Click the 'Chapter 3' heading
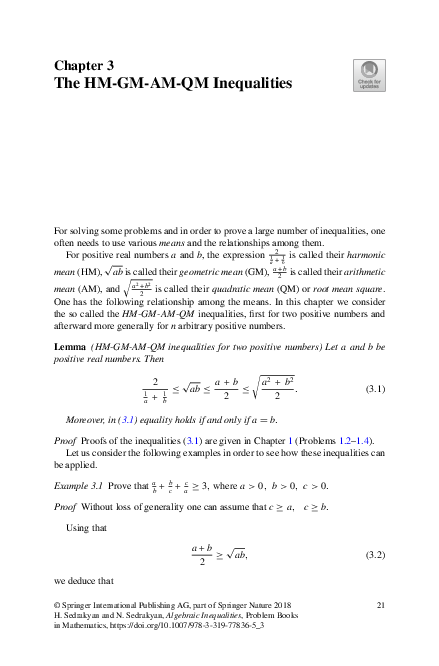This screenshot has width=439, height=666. click(86, 66)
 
